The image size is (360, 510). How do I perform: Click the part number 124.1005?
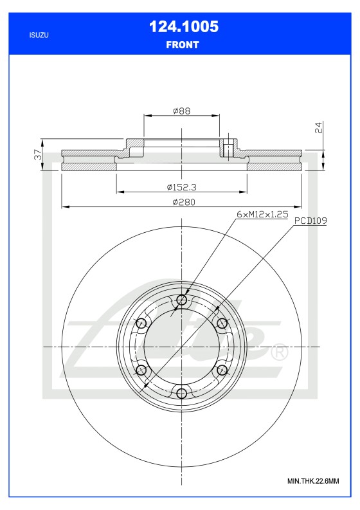coord(183,26)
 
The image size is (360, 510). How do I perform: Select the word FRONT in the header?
coord(183,45)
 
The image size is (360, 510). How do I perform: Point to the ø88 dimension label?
coord(182,111)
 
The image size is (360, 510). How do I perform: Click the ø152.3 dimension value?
coord(181,187)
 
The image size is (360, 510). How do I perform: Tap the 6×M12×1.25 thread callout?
coord(262,214)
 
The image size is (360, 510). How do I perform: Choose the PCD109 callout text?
coord(311,221)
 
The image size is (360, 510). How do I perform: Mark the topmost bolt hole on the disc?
coord(182,300)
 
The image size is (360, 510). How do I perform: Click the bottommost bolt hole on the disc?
coord(182,393)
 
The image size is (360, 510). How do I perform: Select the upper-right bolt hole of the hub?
coord(222,323)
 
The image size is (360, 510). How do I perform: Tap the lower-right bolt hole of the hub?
coord(222,370)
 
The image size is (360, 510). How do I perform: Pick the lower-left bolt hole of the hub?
coord(141,370)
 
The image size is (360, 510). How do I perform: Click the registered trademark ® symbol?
coord(280,352)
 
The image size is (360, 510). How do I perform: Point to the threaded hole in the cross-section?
coord(227,150)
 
